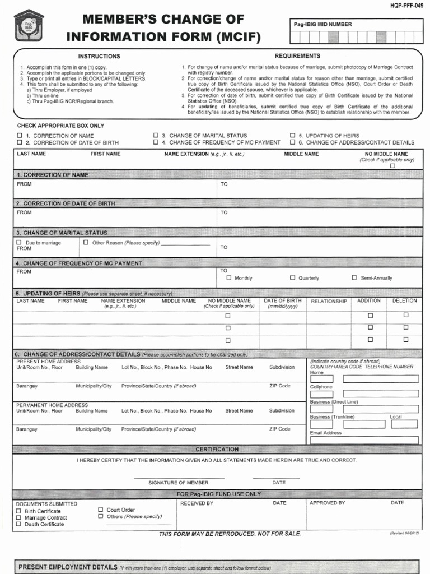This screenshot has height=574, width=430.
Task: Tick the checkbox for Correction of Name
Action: pyautogui.click(x=20, y=136)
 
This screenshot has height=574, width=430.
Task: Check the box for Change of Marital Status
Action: pyautogui.click(x=156, y=136)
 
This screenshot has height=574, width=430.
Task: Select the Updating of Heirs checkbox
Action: pyautogui.click(x=292, y=136)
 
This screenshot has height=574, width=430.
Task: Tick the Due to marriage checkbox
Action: pyautogui.click(x=19, y=243)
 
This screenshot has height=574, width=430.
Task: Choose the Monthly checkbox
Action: pyautogui.click(x=228, y=277)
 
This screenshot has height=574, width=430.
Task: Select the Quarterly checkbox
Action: pyautogui.click(x=292, y=277)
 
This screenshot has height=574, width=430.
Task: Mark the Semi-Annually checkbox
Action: pyautogui.click(x=354, y=277)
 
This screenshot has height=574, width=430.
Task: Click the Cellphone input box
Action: pyautogui.click(x=381, y=394)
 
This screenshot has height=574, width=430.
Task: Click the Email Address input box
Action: pyautogui.click(x=364, y=440)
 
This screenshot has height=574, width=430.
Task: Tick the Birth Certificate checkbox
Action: pyautogui.click(x=19, y=511)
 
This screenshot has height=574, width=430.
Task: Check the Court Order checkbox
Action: pyautogui.click(x=101, y=510)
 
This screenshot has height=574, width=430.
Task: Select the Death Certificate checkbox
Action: pyautogui.click(x=19, y=524)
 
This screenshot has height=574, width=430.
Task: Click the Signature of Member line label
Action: pyautogui.click(x=178, y=483)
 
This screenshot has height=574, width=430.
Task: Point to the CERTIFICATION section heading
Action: pyautogui.click(x=217, y=450)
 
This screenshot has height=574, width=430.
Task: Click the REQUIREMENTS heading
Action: pyautogui.click(x=297, y=56)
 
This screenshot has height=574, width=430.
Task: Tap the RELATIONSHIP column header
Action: pyautogui.click(x=329, y=302)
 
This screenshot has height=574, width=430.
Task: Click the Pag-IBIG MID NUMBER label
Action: pyautogui.click(x=323, y=25)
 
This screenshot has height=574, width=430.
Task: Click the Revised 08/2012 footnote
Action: pyautogui.click(x=404, y=534)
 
